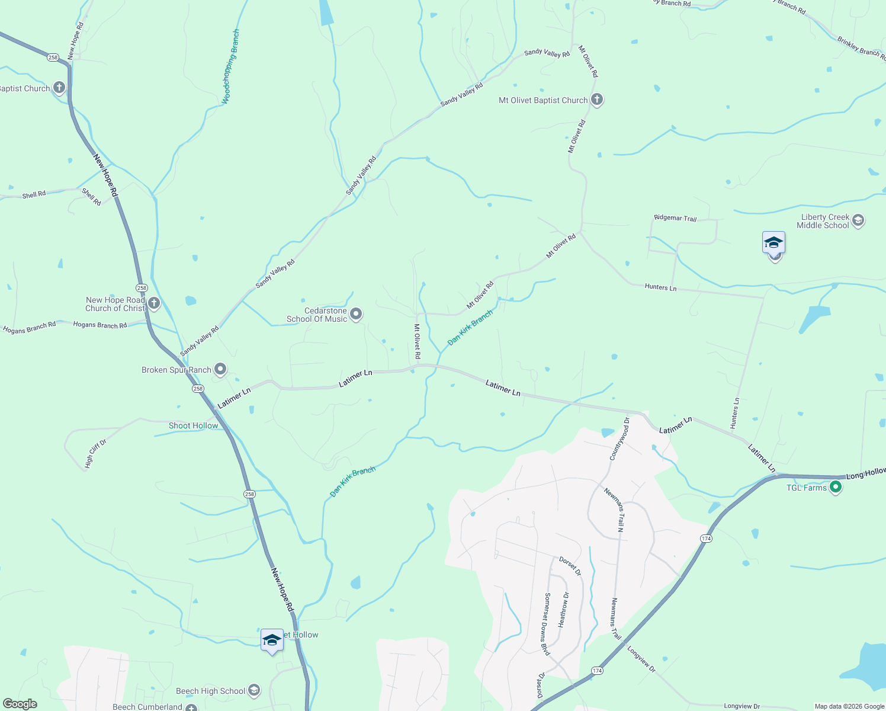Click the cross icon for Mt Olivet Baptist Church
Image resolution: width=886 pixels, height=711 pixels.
pos(597,100)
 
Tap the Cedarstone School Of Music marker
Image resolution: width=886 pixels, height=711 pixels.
pos(356,314)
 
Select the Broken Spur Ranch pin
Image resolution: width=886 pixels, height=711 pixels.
pos(220,370)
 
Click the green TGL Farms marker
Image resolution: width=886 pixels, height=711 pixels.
pos(836,487)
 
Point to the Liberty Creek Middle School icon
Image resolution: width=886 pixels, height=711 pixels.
pos(858,221)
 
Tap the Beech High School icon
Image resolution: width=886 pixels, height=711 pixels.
pos(254,690)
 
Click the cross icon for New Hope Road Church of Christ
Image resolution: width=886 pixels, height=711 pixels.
pos(154,304)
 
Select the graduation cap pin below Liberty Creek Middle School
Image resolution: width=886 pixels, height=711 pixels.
pos(774,244)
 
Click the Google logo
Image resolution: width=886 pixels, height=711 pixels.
pos(20,704)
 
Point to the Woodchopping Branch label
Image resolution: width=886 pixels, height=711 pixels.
pos(231,67)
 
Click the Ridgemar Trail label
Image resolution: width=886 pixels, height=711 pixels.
pos(675,218)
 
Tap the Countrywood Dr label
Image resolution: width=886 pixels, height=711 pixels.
pos(620,439)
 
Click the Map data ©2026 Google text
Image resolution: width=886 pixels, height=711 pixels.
pos(849,706)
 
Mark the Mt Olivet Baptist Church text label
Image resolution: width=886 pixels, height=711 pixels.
pos(543,101)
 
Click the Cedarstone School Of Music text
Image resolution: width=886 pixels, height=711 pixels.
pos(317,315)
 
